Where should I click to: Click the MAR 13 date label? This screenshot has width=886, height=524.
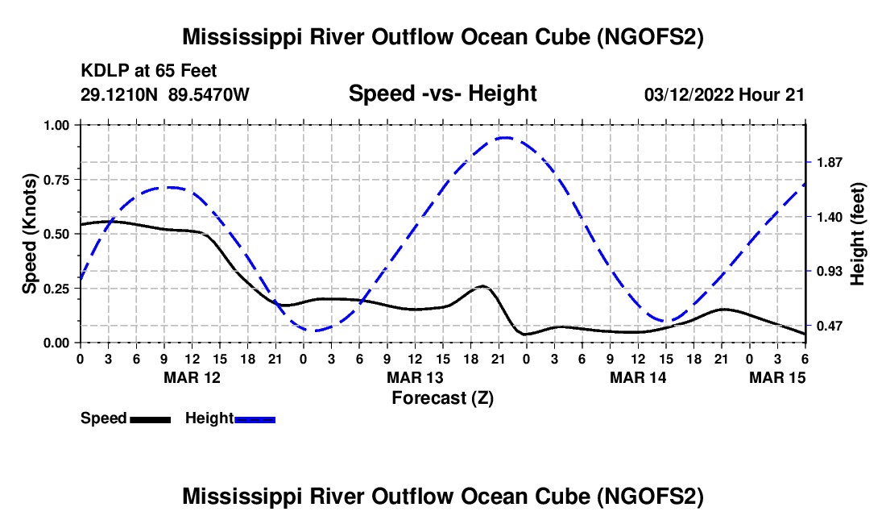tap(415, 377)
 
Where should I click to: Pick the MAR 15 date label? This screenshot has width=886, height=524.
tap(778, 377)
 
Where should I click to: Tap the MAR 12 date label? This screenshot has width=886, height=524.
tap(192, 377)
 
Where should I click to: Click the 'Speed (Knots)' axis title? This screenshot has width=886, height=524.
tap(30, 233)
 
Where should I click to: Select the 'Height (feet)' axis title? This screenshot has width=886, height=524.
tap(858, 233)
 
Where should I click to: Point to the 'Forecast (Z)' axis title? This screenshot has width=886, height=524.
tap(442, 397)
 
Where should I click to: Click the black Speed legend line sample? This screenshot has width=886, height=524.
tap(151, 418)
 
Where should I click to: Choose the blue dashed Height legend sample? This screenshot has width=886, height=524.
tap(255, 418)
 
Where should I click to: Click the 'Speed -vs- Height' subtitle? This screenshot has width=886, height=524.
tap(442, 94)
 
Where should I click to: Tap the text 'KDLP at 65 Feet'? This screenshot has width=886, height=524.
tap(149, 72)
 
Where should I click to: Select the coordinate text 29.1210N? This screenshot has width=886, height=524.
tap(120, 94)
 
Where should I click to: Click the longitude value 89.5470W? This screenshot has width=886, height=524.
tap(209, 94)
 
